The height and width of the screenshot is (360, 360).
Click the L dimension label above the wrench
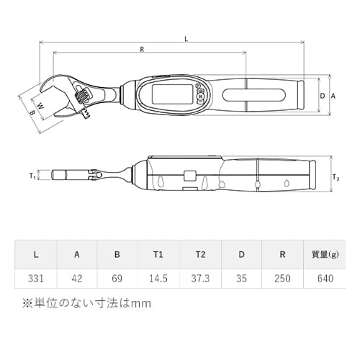186,39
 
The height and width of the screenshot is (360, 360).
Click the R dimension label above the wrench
142,50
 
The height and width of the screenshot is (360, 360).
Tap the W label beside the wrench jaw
41,106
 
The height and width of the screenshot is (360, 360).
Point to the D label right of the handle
323,96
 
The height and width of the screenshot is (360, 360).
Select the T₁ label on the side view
32,176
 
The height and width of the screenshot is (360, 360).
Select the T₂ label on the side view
336,178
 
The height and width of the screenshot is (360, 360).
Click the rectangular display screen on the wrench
173,94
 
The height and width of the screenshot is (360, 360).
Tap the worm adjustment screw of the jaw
81,96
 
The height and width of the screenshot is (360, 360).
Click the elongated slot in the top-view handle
254,95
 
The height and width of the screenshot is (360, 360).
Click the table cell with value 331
36,279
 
